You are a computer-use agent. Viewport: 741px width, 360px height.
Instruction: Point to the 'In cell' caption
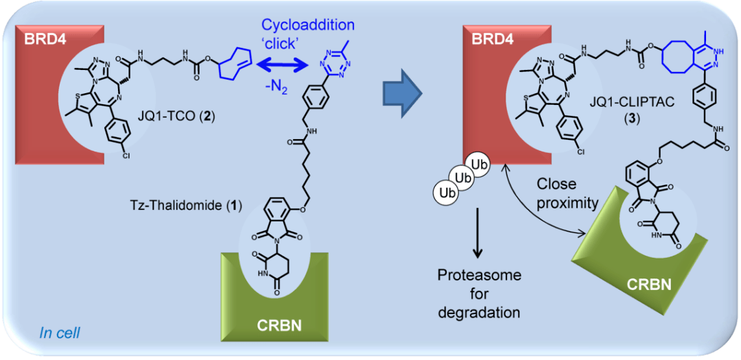(60, 334)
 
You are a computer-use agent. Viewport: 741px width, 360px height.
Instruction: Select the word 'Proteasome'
(480, 276)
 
